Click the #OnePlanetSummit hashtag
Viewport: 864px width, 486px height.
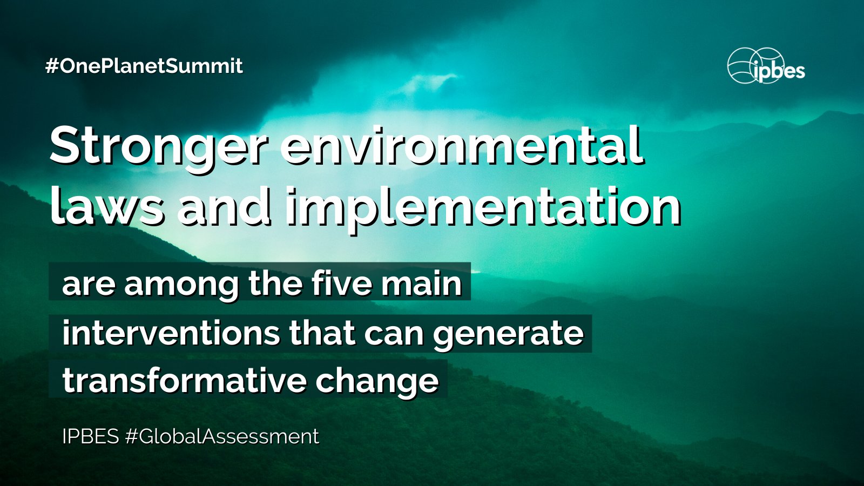coord(144,66)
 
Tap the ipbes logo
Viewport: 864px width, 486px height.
coord(766,66)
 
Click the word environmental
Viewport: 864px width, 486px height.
coord(461,145)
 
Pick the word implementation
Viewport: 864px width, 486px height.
coord(483,207)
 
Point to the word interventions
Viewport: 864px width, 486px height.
coord(171,333)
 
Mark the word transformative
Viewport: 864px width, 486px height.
coord(184,380)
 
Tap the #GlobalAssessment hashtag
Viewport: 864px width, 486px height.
coord(222,436)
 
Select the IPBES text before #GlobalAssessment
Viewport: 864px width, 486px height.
coord(90,436)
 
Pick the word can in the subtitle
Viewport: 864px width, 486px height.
coord(394,334)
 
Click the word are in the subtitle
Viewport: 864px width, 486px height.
coord(89,284)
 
